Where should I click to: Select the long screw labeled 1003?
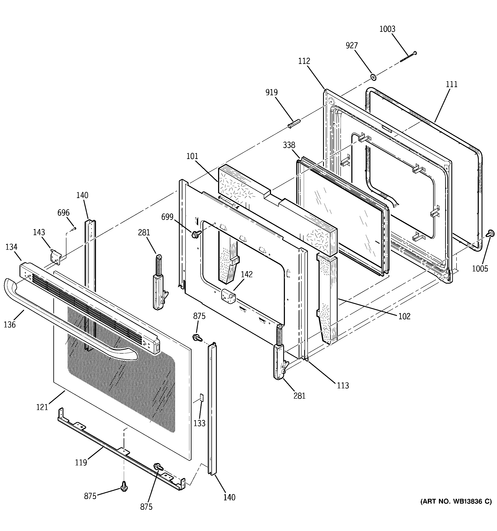(408, 57)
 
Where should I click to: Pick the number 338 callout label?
(289, 145)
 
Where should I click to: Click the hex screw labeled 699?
(195, 235)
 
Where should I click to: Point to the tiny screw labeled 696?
(74, 229)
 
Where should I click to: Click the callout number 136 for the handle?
(10, 325)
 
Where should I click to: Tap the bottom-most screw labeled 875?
(124, 486)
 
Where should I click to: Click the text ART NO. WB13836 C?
(456, 502)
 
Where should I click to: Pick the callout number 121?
(42, 407)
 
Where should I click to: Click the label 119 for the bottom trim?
(81, 463)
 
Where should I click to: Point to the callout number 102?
(404, 316)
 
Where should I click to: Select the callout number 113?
(343, 385)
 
